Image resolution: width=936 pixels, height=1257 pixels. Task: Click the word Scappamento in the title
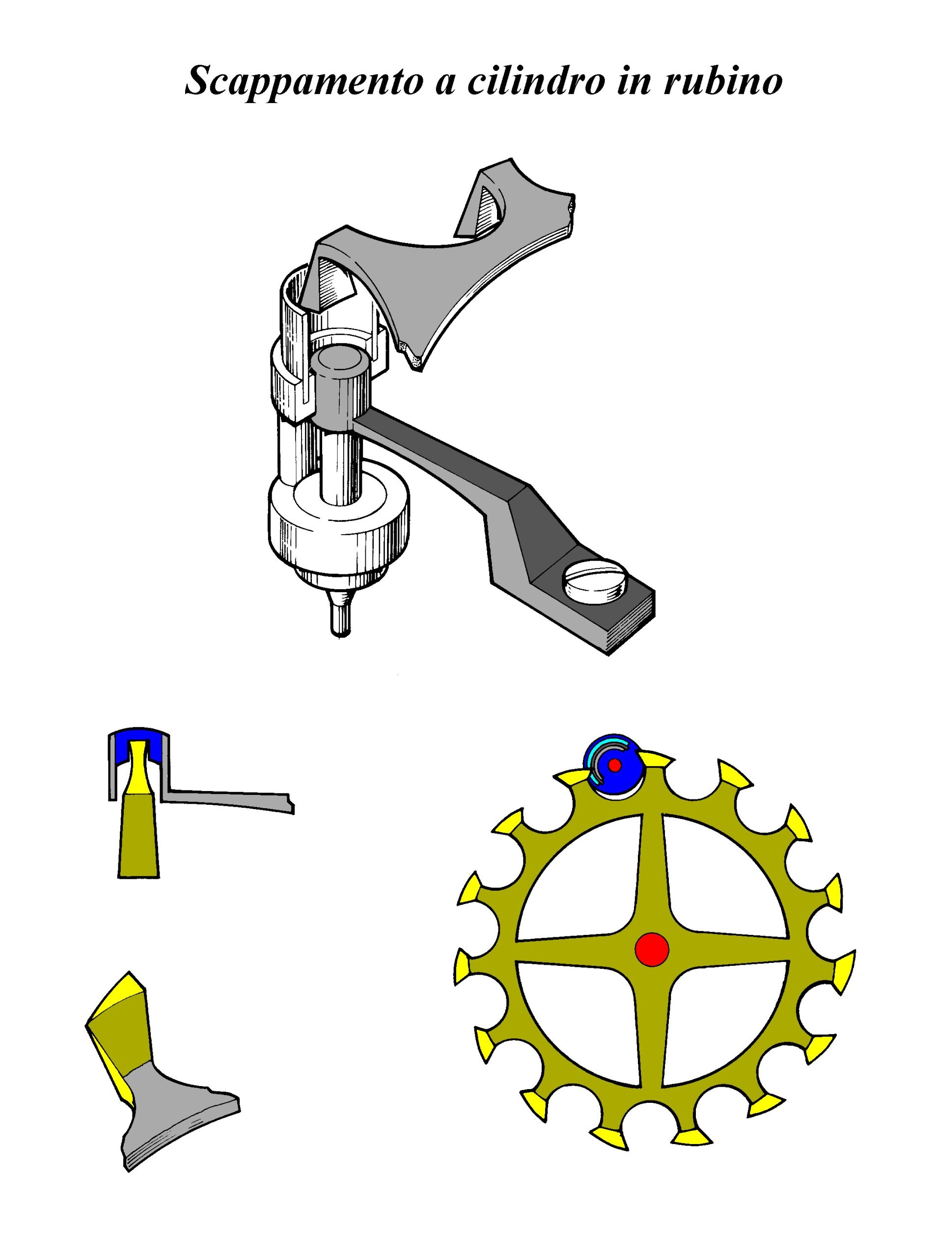[x=304, y=82]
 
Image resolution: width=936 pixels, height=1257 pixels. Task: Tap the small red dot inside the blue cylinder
[x=615, y=765]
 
